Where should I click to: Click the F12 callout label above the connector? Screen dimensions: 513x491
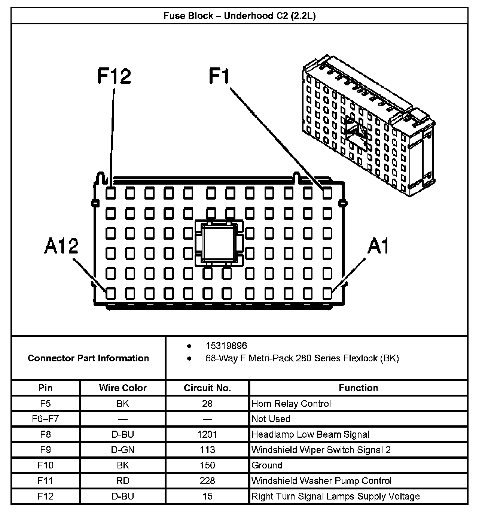(114, 76)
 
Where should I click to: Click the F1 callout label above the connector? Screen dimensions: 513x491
(219, 76)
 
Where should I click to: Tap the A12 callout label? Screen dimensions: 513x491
(61, 246)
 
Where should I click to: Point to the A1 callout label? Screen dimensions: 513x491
(378, 246)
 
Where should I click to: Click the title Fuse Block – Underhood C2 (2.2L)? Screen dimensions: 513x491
(240, 16)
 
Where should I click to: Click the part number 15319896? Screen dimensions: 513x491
(226, 346)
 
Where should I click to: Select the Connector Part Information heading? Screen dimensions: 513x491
(88, 358)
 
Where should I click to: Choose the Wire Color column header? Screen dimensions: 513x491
(123, 388)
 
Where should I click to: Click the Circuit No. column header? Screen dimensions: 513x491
(207, 388)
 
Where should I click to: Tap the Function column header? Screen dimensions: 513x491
(358, 388)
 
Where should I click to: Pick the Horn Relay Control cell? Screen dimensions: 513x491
(291, 404)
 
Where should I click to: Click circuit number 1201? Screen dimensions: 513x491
(207, 434)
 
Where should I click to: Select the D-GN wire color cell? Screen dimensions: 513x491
(123, 450)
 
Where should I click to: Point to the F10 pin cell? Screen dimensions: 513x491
(46, 465)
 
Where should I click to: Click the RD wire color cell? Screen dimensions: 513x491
(123, 481)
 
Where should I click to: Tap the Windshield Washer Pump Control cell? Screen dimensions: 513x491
(321, 481)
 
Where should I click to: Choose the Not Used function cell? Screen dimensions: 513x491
(271, 419)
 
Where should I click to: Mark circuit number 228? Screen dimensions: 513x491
(207, 481)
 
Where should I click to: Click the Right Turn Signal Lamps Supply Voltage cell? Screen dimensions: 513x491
(336, 497)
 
